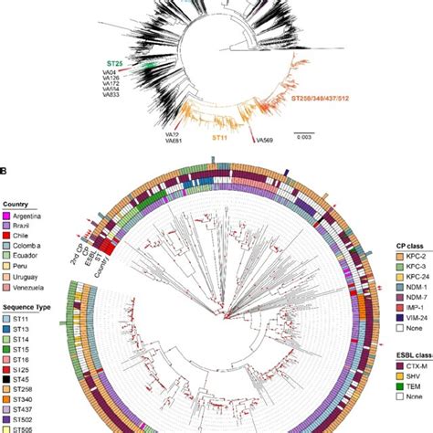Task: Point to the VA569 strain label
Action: click(266, 140)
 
